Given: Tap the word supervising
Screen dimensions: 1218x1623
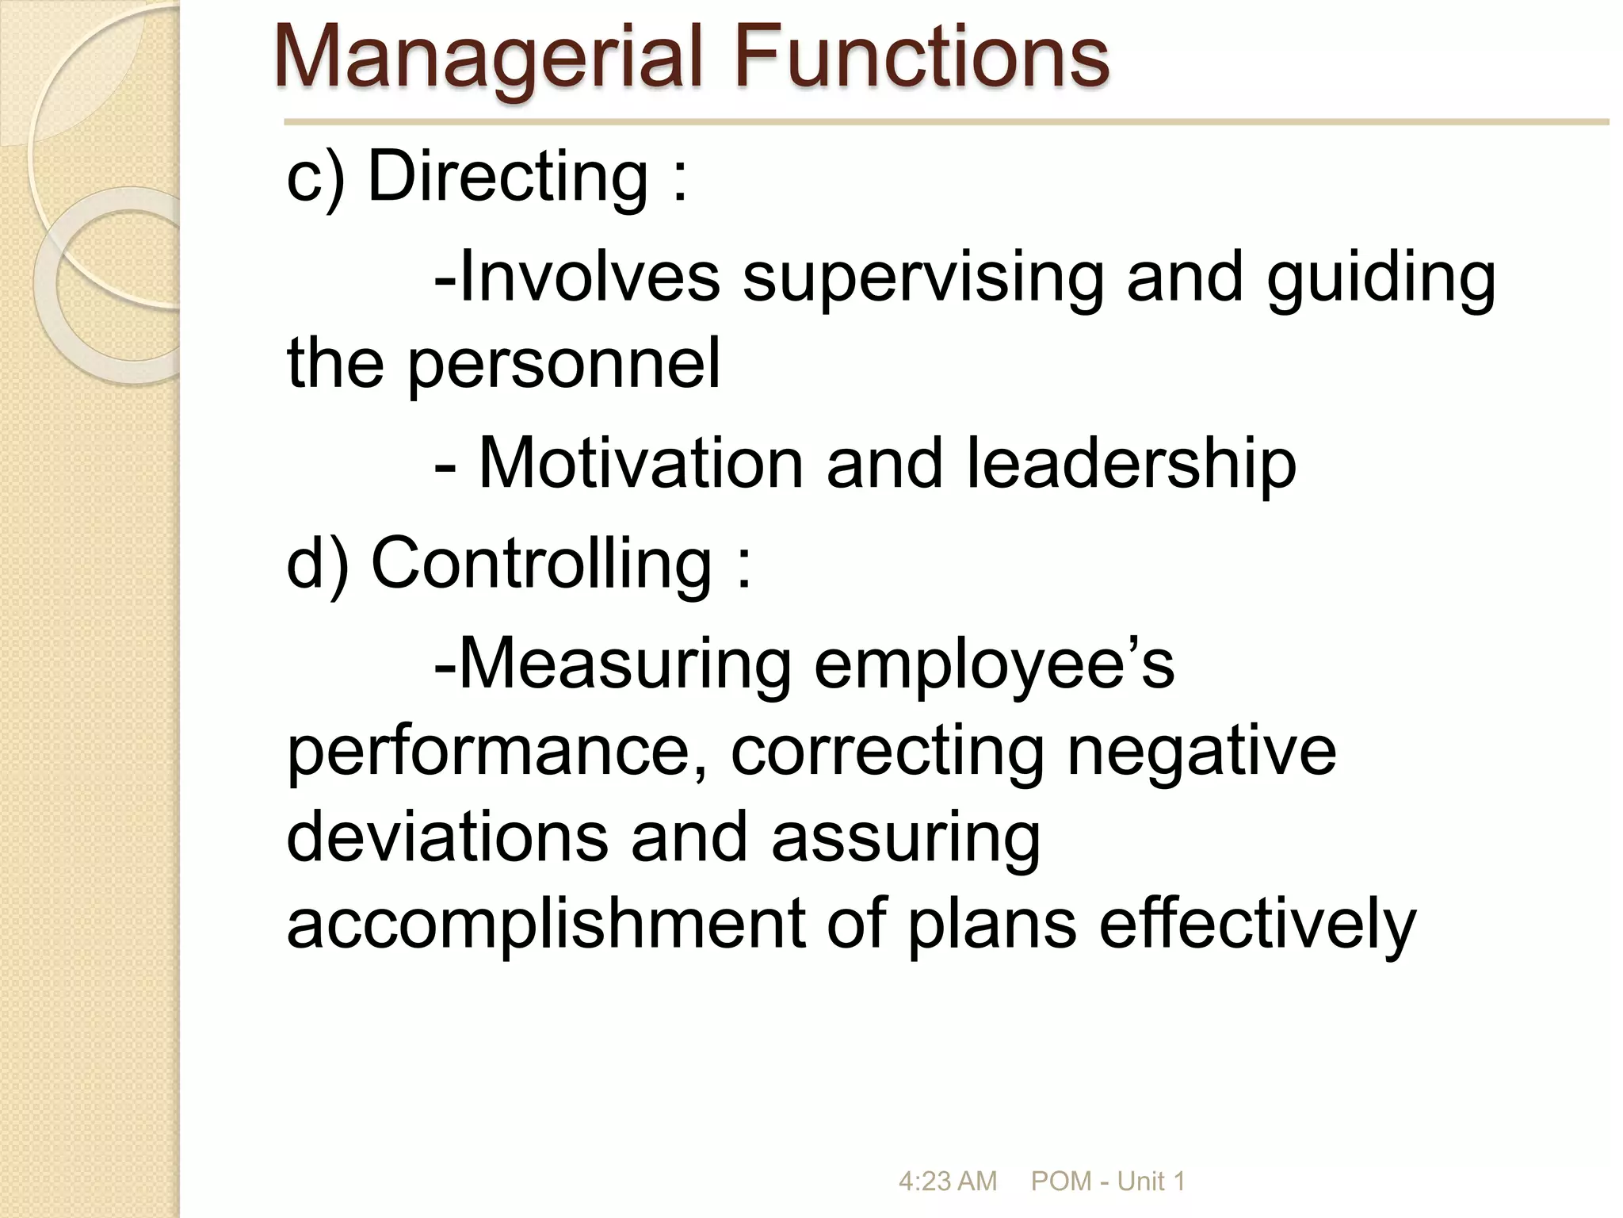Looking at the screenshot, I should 922,278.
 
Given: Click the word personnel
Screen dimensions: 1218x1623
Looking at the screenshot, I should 563,365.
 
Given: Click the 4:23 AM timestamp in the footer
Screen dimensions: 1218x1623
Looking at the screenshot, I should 947,1182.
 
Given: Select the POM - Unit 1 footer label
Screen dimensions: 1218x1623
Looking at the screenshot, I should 1108,1182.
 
